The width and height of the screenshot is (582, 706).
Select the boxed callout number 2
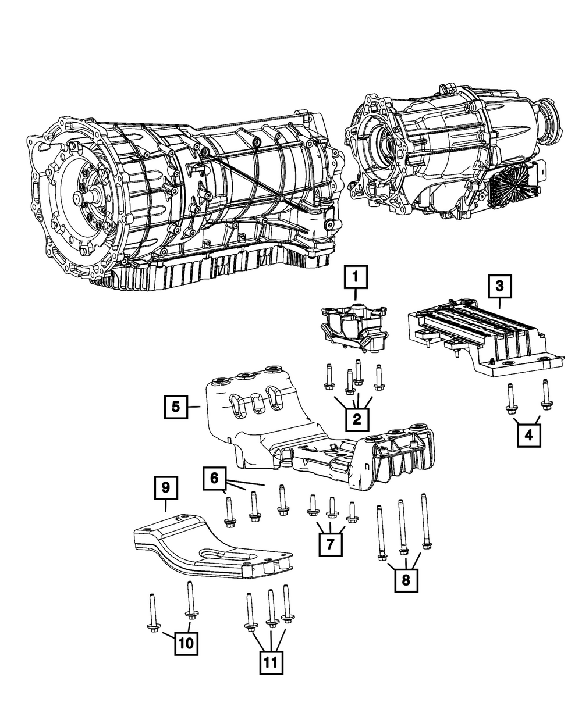point(356,417)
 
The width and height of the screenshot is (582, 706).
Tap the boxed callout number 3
point(499,286)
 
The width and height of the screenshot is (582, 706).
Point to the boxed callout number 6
point(214,478)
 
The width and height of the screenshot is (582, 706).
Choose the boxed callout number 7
point(330,544)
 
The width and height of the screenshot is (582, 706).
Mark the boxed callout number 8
point(406,579)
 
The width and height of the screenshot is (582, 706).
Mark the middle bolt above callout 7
point(332,507)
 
